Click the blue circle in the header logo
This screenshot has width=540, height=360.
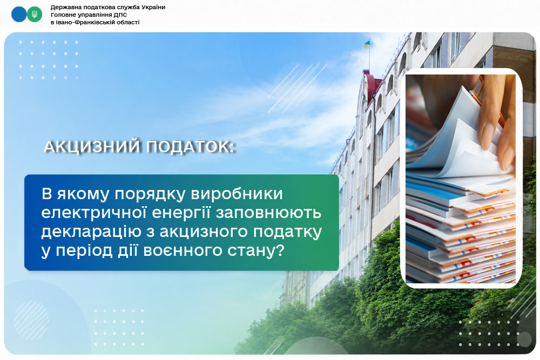(x=19, y=14)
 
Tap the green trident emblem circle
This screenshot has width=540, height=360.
(x=35, y=14)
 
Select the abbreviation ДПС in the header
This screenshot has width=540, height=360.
(x=120, y=15)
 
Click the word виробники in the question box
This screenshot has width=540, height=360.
(x=237, y=194)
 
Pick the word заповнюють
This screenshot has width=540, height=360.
(x=268, y=213)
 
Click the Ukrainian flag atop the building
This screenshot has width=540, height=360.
(x=367, y=44)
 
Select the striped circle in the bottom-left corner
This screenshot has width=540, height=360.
(x=31, y=320)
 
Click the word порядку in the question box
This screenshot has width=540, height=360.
(x=150, y=194)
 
